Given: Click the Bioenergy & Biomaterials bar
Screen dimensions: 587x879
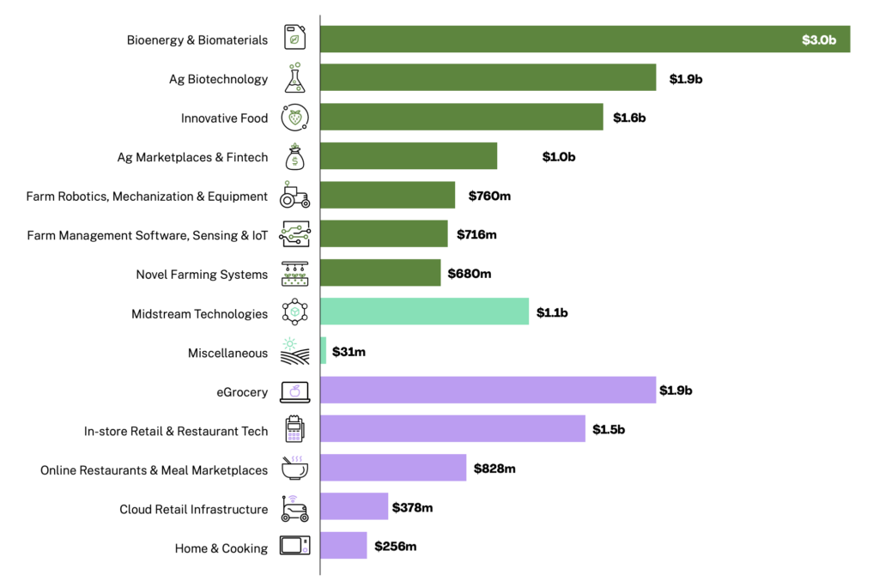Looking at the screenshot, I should pyautogui.click(x=584, y=39).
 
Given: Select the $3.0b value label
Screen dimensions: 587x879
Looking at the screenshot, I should pyautogui.click(x=818, y=40).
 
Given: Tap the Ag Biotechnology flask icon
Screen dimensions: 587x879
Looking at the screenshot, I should pyautogui.click(x=294, y=79).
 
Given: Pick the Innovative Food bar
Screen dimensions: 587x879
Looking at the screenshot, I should pyautogui.click(x=462, y=118).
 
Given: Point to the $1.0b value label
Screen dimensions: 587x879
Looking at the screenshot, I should pyautogui.click(x=558, y=157).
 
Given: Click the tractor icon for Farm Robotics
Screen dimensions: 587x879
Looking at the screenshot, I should pyautogui.click(x=294, y=196).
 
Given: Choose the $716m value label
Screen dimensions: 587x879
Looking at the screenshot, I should pyautogui.click(x=476, y=234).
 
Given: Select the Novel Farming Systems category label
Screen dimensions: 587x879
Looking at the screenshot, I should pyautogui.click(x=202, y=275).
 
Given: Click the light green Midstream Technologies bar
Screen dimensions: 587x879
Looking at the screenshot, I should pyautogui.click(x=424, y=312).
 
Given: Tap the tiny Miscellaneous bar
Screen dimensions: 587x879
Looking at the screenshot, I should pyautogui.click(x=324, y=351).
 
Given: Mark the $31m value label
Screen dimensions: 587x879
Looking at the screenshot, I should pyautogui.click(x=349, y=352).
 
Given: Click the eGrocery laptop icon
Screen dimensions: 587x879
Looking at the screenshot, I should pyautogui.click(x=294, y=392).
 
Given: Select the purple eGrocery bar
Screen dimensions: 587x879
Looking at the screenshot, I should pyautogui.click(x=488, y=390).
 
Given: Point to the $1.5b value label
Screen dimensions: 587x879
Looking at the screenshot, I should pyautogui.click(x=609, y=429).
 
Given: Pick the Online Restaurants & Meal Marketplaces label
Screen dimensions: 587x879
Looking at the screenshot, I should pyautogui.click(x=155, y=470).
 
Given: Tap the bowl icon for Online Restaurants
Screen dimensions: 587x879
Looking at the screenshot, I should pyautogui.click(x=294, y=469).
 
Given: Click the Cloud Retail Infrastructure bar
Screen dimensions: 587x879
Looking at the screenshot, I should pyautogui.click(x=354, y=507).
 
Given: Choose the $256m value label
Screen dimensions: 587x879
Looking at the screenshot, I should pyautogui.click(x=395, y=547).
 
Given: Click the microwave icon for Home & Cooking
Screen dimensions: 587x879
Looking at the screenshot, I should pyautogui.click(x=294, y=547).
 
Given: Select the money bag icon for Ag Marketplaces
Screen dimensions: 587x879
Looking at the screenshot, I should pyautogui.click(x=294, y=156).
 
